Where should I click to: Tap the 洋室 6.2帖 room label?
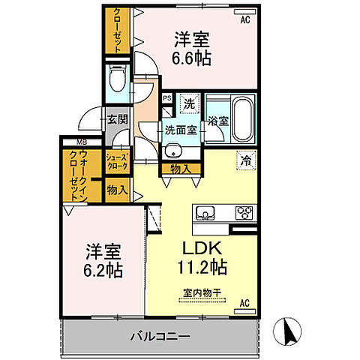pos(103,259)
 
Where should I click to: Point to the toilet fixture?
pos(118,78)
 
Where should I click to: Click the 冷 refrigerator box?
pos(245,159)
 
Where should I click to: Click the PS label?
pos(168,98)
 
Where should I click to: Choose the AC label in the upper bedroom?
pos(244,20)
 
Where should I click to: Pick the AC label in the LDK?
pos(244,303)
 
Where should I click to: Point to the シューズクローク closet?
pos(118,160)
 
